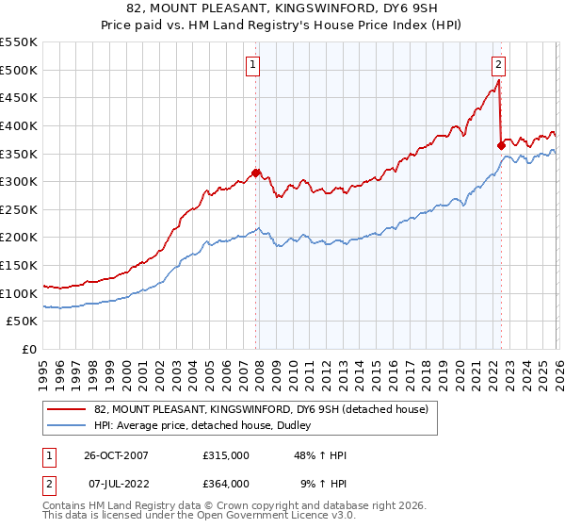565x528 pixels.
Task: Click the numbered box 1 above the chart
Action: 254,65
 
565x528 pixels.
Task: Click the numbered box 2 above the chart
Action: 498,65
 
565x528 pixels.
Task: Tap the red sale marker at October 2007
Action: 255,173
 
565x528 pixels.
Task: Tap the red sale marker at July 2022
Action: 500,145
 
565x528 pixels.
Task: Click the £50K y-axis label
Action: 22,322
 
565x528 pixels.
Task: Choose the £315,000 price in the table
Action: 226,455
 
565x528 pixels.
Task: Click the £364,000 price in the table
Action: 226,483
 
